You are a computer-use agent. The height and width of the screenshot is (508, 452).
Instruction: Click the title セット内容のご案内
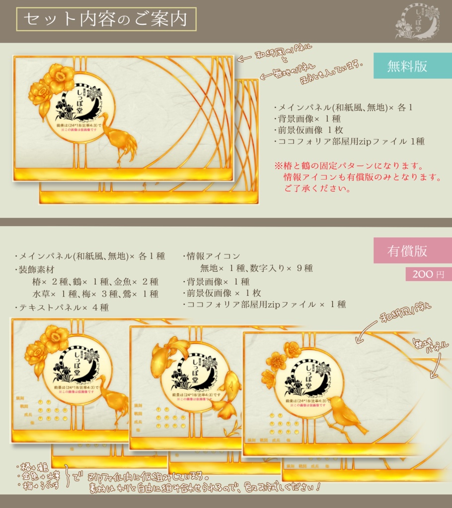tap(106, 19)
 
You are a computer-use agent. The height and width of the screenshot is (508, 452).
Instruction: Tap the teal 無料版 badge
tap(407, 66)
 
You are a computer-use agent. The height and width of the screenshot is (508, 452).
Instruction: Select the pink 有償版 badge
tap(407, 251)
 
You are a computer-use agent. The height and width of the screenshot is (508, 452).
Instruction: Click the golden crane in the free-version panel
tap(119, 139)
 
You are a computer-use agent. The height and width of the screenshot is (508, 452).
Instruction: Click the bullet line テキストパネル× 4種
tap(62, 308)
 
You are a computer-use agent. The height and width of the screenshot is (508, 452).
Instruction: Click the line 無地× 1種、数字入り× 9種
tap(256, 268)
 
